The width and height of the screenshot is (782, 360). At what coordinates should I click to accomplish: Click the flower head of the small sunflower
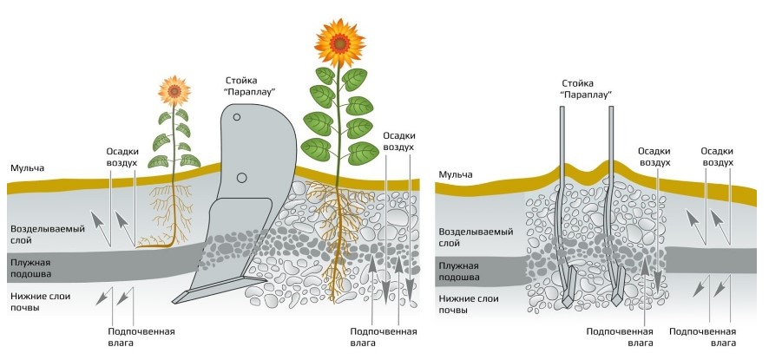coord(174,89)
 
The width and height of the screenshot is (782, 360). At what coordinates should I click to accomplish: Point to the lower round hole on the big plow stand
coord(241,178)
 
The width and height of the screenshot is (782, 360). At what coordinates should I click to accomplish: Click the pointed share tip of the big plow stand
coord(177,299)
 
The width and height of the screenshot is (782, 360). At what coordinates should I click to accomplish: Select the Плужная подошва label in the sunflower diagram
coord(30,267)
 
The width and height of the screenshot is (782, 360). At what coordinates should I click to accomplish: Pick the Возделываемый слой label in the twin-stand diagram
coord(474,239)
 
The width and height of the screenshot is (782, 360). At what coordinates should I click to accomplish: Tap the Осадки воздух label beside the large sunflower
coord(398,141)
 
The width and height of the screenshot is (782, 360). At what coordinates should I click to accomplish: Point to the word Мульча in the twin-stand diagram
coord(455,175)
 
